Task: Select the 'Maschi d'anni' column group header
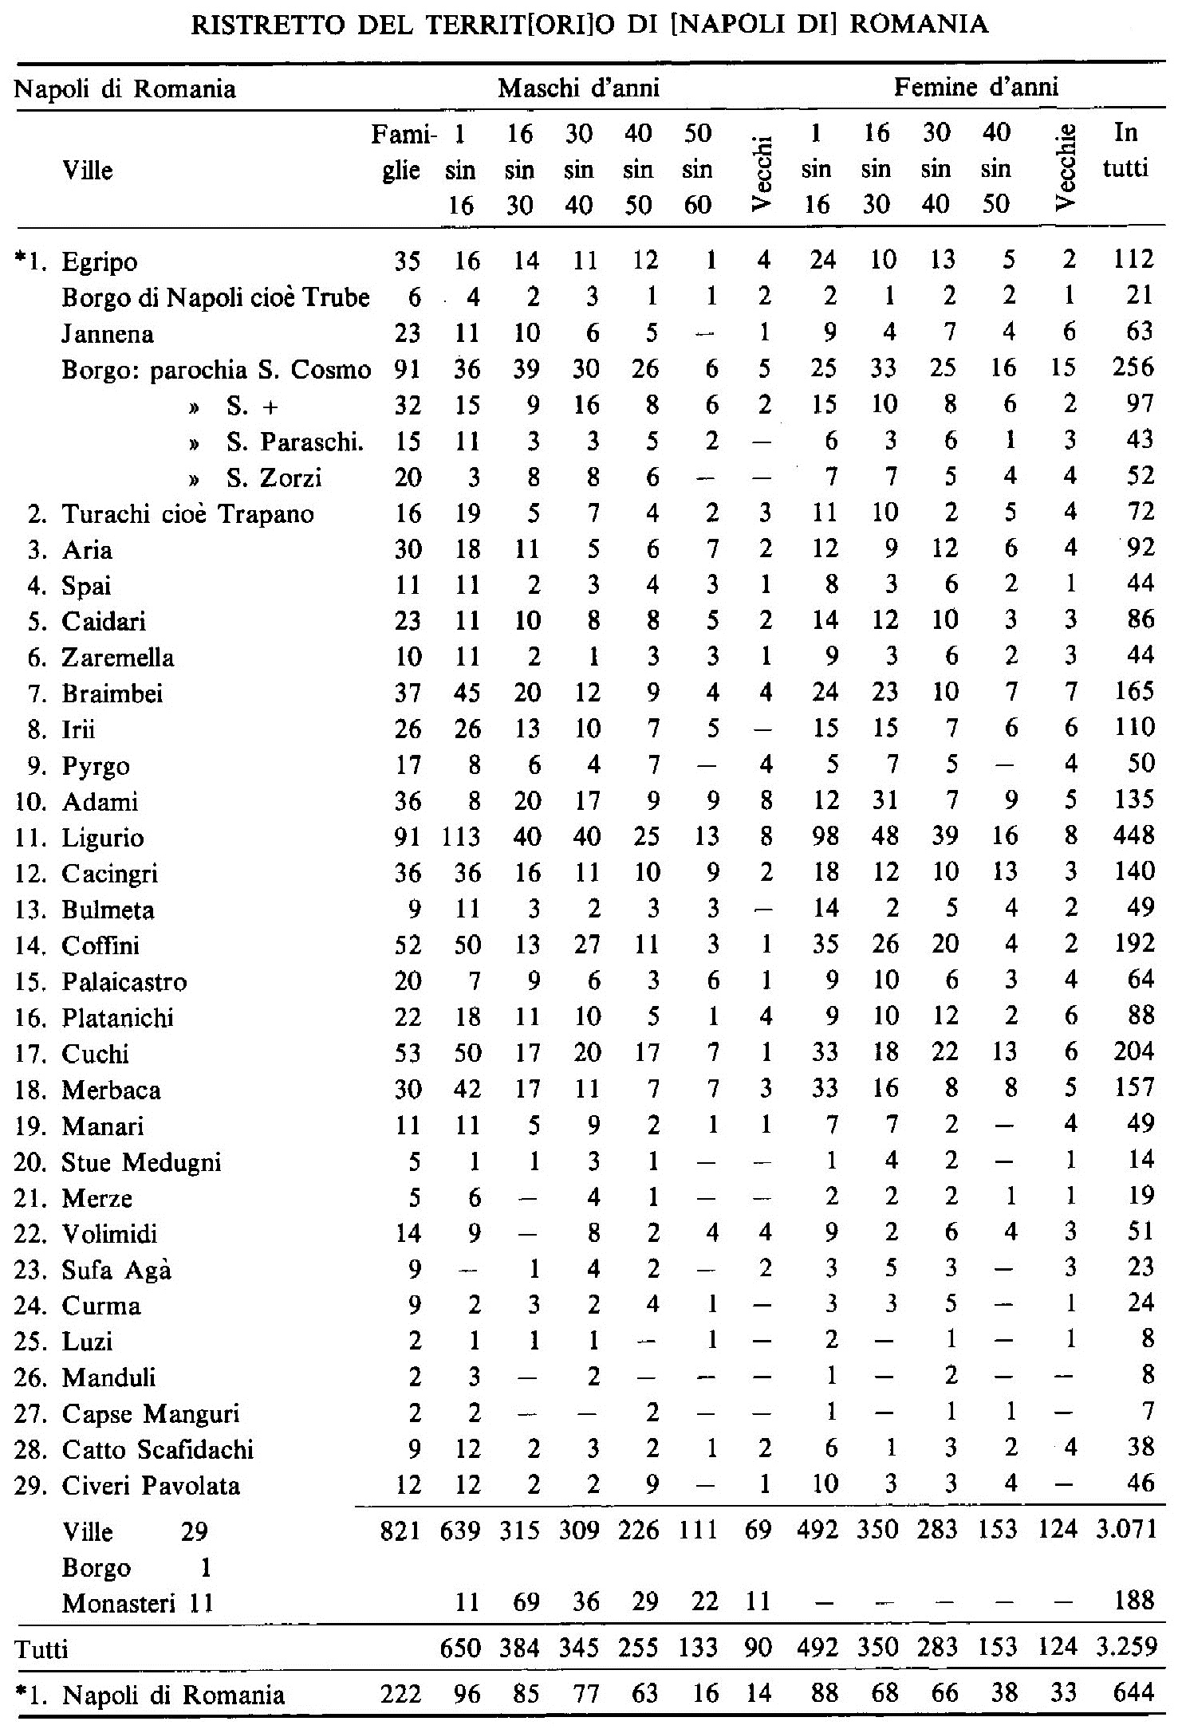(579, 88)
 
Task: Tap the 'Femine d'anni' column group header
(976, 88)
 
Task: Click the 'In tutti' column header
(1125, 151)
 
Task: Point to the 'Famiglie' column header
(403, 151)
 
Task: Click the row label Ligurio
(104, 839)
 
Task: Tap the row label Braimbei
(112, 694)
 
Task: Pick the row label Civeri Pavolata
(151, 1487)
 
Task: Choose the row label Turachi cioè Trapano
(188, 514)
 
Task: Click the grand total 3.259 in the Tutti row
(1126, 1648)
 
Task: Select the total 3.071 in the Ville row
(1126, 1530)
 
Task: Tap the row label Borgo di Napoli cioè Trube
(215, 298)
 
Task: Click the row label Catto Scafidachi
(157, 1450)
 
